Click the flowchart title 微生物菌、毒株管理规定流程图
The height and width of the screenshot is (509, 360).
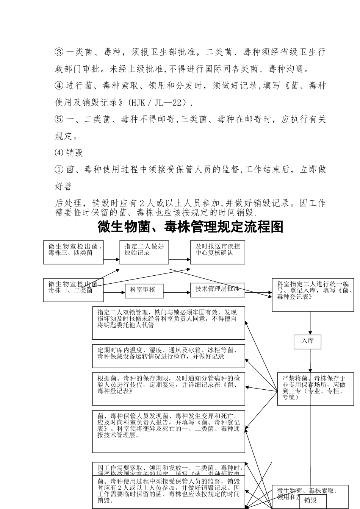[190, 227]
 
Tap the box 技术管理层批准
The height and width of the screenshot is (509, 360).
[217, 290]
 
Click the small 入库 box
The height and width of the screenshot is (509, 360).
[308, 341]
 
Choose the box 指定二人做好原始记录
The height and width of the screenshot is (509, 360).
[144, 252]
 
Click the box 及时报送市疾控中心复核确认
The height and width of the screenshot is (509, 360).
[218, 252]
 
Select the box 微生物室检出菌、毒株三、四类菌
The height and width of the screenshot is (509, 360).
[74, 252]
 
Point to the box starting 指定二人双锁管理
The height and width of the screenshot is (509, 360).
[169, 323]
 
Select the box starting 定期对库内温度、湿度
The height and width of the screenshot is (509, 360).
[169, 356]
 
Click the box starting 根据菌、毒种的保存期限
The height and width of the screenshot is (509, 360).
[169, 389]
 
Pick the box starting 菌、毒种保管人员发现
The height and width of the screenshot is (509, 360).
[169, 431]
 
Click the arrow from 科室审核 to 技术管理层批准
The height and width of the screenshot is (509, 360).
[172, 292]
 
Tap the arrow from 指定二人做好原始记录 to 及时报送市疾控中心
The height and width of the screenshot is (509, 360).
[180, 260]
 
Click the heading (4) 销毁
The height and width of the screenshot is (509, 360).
[69, 153]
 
